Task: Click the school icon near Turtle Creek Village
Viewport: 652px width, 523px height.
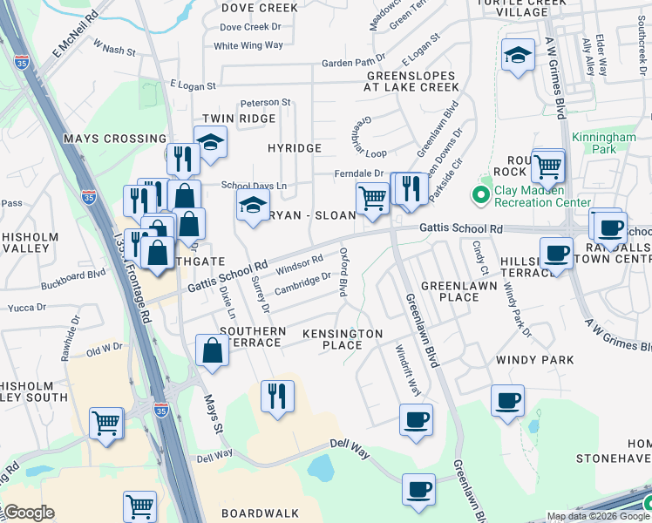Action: click(x=519, y=57)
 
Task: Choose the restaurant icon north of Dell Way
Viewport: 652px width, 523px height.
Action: click(x=277, y=397)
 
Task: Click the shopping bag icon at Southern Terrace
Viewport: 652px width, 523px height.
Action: click(x=212, y=350)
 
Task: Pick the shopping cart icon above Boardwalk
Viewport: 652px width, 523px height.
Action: click(x=139, y=506)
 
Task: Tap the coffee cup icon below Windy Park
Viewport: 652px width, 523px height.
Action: click(x=507, y=401)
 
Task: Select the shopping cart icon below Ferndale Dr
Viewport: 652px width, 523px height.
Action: click(x=372, y=199)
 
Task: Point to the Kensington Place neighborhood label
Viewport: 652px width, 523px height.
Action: click(x=343, y=339)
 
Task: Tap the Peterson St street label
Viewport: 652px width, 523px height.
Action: click(x=265, y=103)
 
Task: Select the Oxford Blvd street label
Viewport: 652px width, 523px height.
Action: click(x=344, y=271)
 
